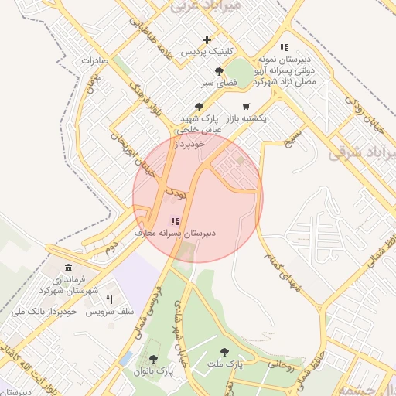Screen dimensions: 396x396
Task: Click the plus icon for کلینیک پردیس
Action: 207,39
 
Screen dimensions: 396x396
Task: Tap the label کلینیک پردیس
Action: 206,52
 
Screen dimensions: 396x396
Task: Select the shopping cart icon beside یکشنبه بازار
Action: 246,107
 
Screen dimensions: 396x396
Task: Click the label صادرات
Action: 92,60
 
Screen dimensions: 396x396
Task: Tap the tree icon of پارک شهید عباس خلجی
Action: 200,107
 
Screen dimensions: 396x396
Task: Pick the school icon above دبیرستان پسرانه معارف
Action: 174,221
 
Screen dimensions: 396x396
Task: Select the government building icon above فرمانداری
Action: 68,268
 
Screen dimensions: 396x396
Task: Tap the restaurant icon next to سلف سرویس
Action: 110,299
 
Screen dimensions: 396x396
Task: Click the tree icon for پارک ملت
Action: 224,351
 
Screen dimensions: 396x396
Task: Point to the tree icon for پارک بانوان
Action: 153,360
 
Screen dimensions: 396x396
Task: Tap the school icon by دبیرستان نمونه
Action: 284,47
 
